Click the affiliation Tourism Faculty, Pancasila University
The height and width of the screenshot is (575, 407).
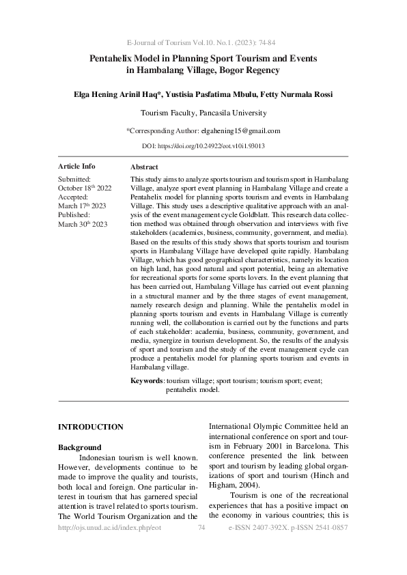click(203, 113)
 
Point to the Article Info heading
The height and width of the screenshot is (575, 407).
click(76, 167)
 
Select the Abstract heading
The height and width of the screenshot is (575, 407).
click(144, 167)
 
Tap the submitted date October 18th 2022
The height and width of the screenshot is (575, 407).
click(83, 188)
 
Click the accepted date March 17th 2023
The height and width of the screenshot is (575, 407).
click(82, 206)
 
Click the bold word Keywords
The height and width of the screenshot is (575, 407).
click(146, 380)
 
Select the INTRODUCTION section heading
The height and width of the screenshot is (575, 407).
click(91, 427)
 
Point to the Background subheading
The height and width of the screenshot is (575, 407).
click(80, 447)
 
